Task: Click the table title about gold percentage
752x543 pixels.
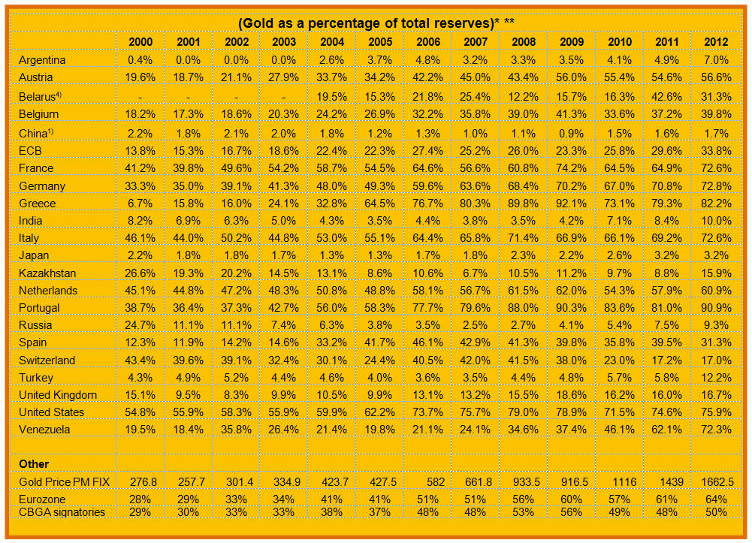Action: [x=376, y=23]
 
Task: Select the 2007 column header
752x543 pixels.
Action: [x=476, y=42]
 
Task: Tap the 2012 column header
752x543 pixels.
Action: [x=716, y=42]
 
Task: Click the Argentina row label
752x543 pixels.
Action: [x=42, y=60]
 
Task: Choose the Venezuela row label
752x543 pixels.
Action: [x=44, y=430]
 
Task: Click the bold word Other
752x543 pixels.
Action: [x=34, y=464]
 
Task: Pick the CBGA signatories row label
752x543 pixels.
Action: [x=62, y=512]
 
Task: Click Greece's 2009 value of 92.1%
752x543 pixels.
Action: [x=572, y=204]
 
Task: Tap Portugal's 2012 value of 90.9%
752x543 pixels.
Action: [x=716, y=308]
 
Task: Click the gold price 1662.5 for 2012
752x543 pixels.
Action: [x=716, y=481]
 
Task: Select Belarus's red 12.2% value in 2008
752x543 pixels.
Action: [x=524, y=97]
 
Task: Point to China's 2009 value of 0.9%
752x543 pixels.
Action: [x=572, y=133]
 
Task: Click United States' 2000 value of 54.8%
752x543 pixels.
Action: [x=140, y=412]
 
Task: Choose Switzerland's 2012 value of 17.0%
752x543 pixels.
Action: [x=716, y=360]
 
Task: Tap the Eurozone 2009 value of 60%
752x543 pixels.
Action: [x=572, y=499]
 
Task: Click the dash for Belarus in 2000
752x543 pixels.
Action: [x=140, y=97]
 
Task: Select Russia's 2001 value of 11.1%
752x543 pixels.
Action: [x=188, y=325]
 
